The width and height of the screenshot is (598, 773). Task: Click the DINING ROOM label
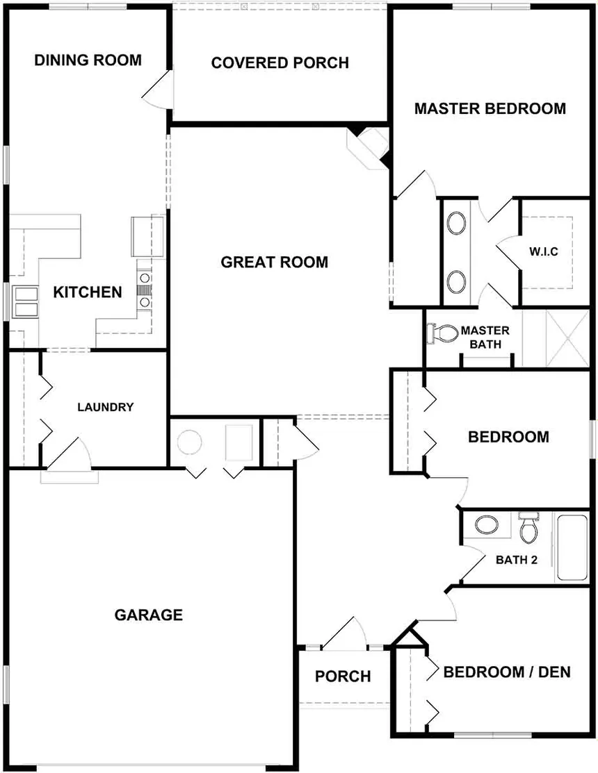(88, 60)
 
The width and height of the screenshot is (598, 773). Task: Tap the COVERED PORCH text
(280, 63)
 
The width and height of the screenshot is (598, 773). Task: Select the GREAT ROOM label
(274, 262)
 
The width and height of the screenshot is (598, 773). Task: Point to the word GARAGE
(148, 615)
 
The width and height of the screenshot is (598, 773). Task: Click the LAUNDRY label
(105, 407)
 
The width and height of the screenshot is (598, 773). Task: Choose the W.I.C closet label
(544, 251)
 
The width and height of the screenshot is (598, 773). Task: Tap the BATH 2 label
(516, 560)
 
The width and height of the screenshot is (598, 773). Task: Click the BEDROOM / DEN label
(507, 672)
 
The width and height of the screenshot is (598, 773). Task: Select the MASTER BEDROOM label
(490, 108)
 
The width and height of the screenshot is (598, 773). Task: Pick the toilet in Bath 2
(529, 529)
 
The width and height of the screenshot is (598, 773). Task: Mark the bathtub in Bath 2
(572, 547)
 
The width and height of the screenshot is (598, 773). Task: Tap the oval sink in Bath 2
(483, 524)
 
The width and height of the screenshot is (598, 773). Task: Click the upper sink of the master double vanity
(457, 224)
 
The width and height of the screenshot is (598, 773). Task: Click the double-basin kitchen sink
(25, 303)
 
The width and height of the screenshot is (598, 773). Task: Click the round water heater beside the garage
(189, 442)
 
